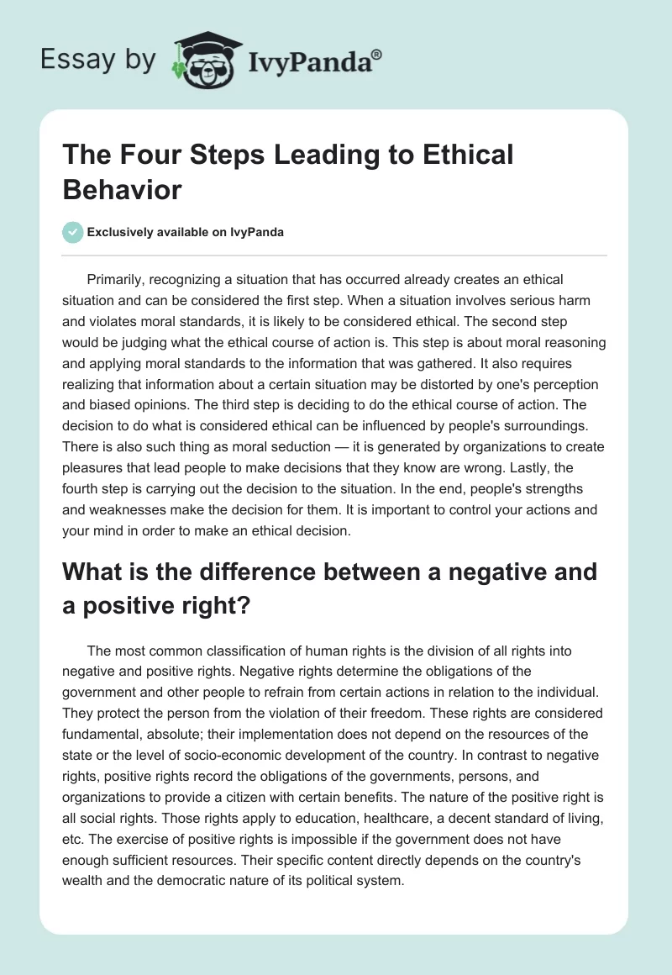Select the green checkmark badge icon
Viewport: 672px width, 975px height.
[x=72, y=232]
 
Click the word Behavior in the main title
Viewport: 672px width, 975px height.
[x=121, y=189]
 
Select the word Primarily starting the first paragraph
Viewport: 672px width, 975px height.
[x=115, y=279]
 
